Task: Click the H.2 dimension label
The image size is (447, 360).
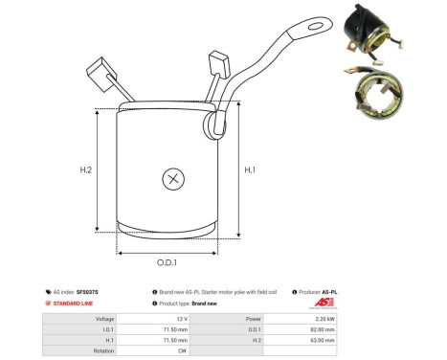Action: pos(86,170)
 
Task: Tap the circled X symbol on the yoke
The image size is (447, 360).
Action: pos(172,178)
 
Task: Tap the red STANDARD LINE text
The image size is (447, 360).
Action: pos(80,304)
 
